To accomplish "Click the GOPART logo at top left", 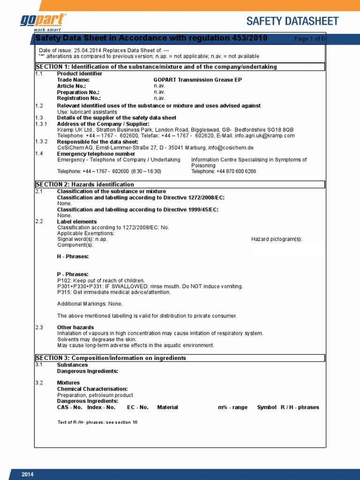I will [43, 22].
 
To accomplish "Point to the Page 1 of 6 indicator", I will [309, 38].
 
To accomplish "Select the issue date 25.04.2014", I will [87, 50].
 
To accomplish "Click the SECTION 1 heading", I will [156, 67].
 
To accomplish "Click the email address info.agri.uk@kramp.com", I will [265, 135].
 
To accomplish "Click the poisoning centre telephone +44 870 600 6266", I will [224, 172].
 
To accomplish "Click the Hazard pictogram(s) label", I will [277, 239].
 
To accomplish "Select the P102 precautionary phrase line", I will [101, 280].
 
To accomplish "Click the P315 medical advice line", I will [114, 292].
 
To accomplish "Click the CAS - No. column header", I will [70, 407].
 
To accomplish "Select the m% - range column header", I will [232, 407].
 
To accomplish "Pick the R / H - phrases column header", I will [300, 407].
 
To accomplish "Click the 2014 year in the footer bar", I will [28, 475].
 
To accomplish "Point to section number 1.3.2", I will [41, 142].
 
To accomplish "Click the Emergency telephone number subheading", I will [96, 154].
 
